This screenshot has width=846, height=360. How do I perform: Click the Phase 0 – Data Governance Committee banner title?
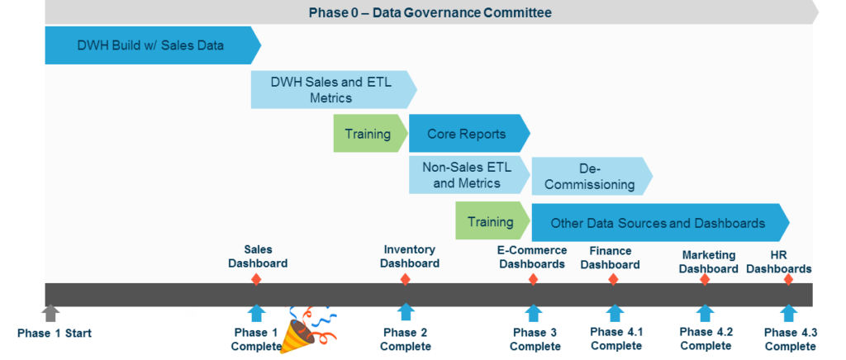430,12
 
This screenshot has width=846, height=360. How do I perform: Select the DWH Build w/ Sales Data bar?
150,45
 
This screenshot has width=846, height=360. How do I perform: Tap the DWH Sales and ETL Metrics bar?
331,89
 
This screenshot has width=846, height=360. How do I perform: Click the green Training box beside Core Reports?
368,134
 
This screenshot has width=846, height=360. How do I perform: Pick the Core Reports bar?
467,134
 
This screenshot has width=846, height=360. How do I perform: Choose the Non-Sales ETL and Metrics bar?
468,175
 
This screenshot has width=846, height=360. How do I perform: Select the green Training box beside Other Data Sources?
491,221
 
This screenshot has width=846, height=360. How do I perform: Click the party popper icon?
307,331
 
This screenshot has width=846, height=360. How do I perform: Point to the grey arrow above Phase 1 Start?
51,313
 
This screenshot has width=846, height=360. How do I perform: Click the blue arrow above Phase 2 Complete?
405,313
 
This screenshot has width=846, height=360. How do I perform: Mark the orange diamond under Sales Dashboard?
256,280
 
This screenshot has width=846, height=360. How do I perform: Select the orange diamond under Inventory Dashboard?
405,280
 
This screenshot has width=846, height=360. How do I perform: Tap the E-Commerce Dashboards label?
532,257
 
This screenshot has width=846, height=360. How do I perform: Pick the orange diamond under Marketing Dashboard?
705,280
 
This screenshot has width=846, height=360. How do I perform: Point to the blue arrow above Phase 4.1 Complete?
615,313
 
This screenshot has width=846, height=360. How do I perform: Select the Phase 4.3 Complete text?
790,339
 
